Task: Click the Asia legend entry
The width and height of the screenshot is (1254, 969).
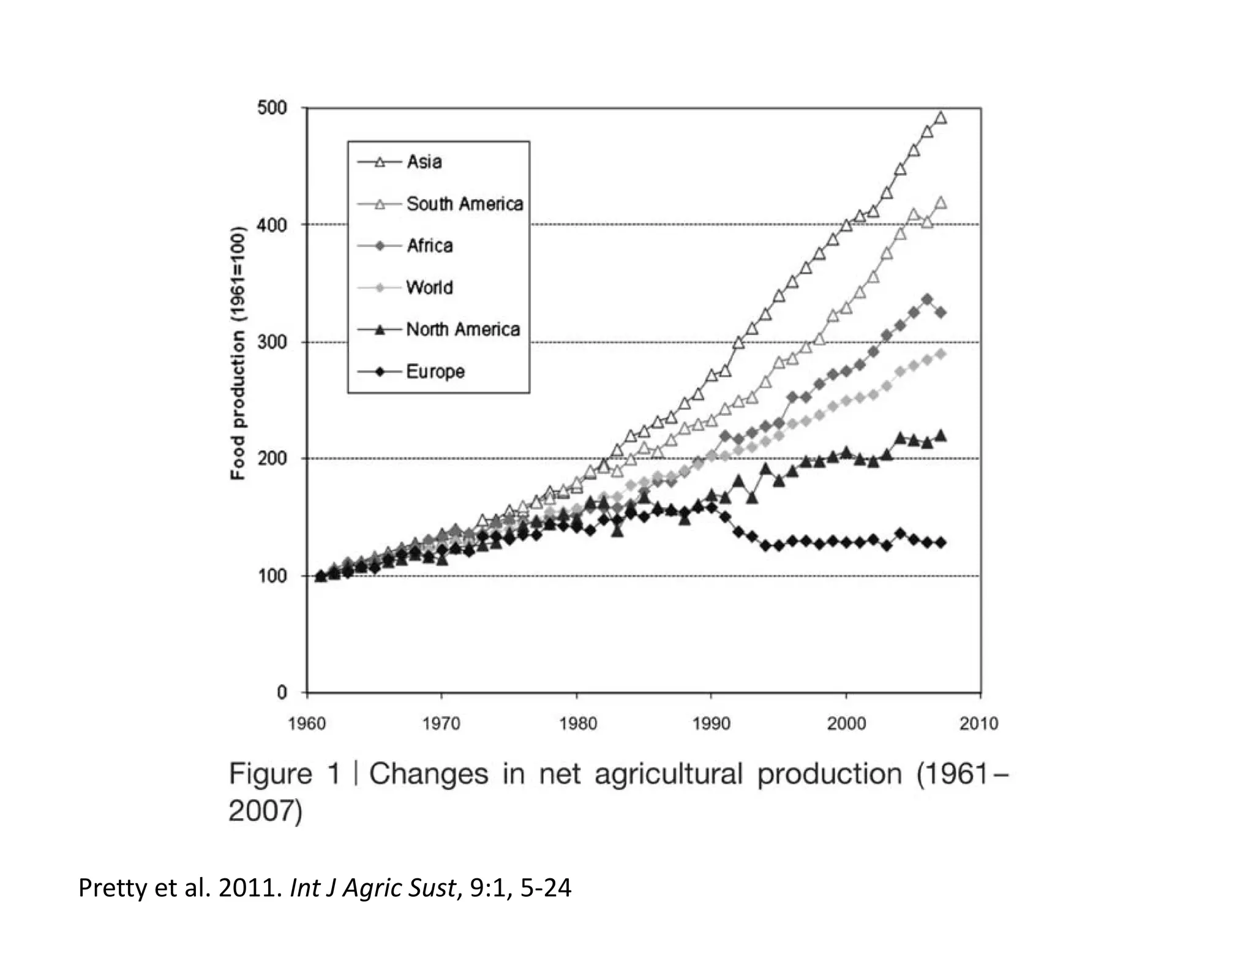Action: [424, 162]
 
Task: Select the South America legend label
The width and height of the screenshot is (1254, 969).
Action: [464, 204]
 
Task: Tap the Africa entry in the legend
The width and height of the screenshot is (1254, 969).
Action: [430, 246]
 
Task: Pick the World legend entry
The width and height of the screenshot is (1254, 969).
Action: [429, 287]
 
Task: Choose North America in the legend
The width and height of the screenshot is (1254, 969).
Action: [463, 330]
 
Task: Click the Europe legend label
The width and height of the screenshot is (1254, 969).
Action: [435, 371]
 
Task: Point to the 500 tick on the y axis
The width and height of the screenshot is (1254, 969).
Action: [272, 108]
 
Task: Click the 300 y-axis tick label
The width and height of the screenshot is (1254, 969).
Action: [272, 342]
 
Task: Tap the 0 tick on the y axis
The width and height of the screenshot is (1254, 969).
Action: [281, 692]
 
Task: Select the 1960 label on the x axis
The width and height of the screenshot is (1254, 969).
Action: [306, 724]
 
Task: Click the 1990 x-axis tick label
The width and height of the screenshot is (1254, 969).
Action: [711, 724]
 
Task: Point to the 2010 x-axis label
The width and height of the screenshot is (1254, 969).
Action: [978, 724]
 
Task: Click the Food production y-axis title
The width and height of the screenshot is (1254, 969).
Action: [238, 353]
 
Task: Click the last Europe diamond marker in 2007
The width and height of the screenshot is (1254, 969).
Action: [941, 543]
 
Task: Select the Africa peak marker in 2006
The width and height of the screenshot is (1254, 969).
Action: [928, 299]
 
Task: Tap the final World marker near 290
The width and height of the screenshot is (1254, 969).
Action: [941, 354]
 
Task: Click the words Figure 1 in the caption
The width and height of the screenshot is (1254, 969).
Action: [284, 774]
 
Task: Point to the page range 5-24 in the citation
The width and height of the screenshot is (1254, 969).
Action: [546, 888]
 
